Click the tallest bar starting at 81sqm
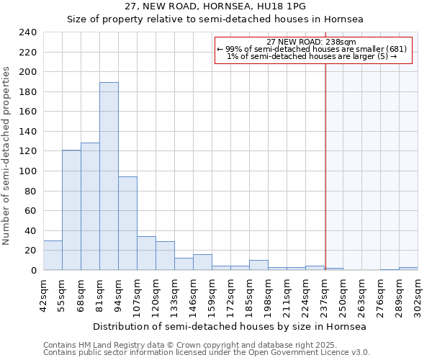tap(109, 176)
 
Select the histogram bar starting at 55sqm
tap(71, 210)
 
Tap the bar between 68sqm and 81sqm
tap(90, 207)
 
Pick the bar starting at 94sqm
tap(127, 223)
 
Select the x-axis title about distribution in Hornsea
tap(230, 326)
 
